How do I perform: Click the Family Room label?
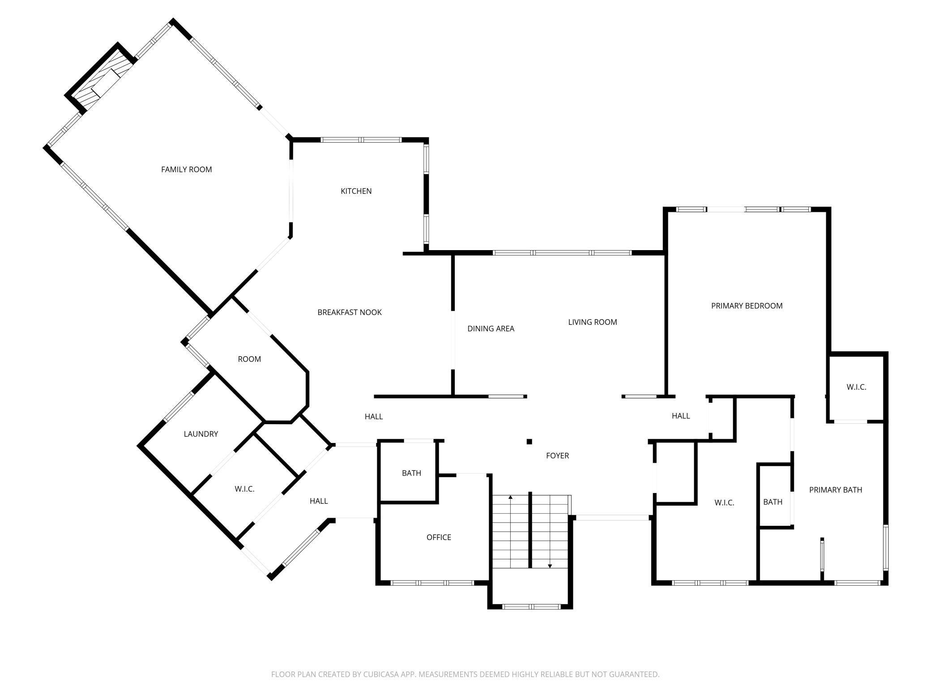point(186,170)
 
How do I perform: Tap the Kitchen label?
point(356,191)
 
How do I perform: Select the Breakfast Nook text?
point(350,312)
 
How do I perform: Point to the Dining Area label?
point(491,328)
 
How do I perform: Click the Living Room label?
point(593,322)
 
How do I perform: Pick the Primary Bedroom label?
point(747,306)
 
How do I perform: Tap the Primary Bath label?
point(835,490)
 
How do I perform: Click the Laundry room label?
point(201,434)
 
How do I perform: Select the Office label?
point(439,537)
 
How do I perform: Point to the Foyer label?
point(557,455)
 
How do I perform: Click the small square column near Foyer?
point(529,442)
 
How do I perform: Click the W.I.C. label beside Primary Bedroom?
point(856,387)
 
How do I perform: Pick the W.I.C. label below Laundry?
point(244,489)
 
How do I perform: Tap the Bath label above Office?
point(411,473)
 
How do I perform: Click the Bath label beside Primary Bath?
point(773,502)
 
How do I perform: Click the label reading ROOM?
point(249,359)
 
